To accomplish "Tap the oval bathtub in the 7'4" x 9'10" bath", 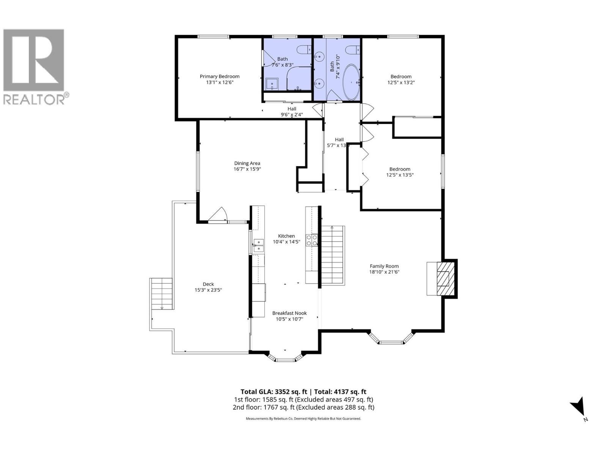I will point(352,82).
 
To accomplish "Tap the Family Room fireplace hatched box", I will point(442,279).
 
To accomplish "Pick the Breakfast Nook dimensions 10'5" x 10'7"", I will point(289,319).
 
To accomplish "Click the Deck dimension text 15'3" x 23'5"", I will point(208,290).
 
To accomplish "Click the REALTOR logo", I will point(34,66).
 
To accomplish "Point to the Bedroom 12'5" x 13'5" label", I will point(399,172).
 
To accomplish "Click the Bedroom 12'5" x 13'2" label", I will point(401,79).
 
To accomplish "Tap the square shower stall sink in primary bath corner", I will point(272,84).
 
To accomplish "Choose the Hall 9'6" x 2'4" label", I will point(291,111).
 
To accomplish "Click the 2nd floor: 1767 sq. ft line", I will point(303,408).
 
